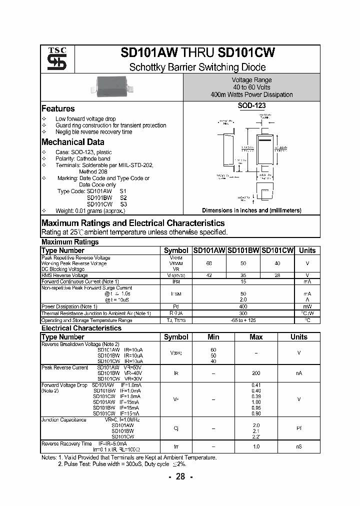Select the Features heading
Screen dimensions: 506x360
point(58,108)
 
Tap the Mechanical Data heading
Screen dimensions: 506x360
point(72,142)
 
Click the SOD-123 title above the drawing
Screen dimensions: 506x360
point(251,106)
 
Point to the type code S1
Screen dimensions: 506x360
point(123,191)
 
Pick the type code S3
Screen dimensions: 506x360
point(123,204)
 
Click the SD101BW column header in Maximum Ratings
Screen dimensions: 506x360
point(243,250)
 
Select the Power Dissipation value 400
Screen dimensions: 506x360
point(243,306)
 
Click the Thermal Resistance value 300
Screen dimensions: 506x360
point(243,313)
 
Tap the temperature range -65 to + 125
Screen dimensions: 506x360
point(243,320)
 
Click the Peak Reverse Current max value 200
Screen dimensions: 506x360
point(256,373)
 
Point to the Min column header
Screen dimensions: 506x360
point(213,337)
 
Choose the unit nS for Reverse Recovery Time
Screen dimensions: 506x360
point(299,446)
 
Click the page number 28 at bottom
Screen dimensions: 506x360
point(180,476)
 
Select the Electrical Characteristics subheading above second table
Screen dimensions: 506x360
point(81,328)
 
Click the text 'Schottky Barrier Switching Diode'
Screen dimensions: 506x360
point(197,67)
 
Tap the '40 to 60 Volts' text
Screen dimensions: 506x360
point(251,87)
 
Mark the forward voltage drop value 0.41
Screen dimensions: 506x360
point(256,384)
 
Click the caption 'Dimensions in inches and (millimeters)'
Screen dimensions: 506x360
point(251,210)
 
